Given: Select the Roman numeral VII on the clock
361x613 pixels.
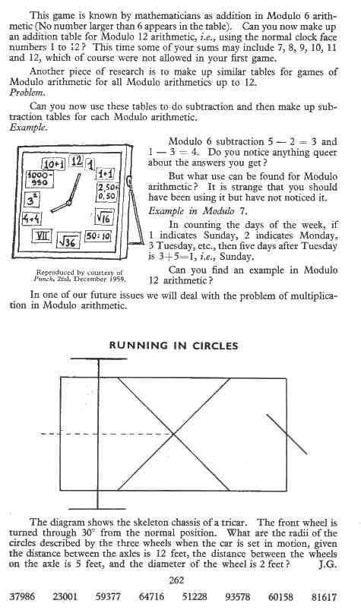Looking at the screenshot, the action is pos(45,236).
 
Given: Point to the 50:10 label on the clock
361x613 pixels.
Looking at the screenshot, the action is pos(100,235).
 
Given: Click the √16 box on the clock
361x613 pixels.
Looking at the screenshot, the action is pos(106,218).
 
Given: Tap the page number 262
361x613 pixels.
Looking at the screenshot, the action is pos(176,579).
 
